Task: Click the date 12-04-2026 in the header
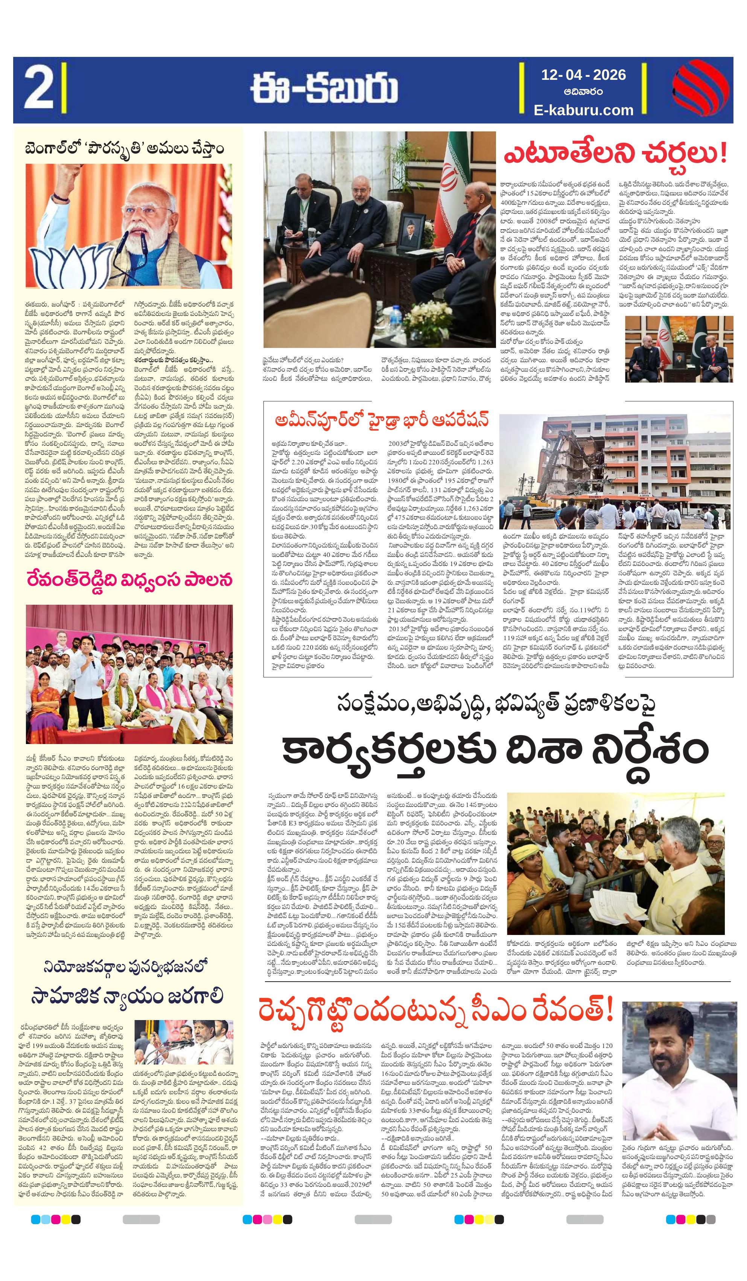(583, 75)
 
